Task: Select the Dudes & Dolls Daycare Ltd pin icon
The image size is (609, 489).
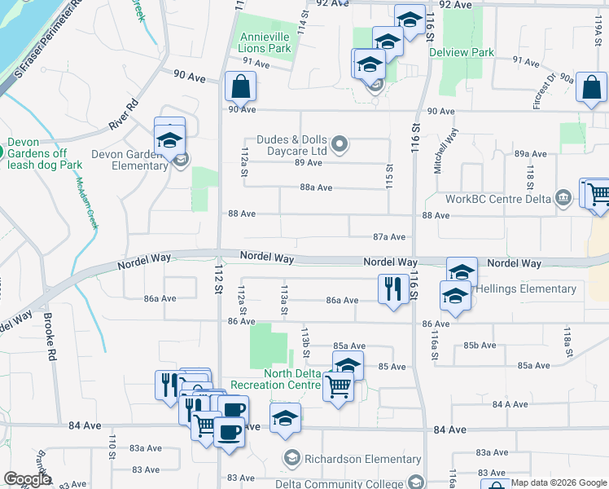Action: click(341, 146)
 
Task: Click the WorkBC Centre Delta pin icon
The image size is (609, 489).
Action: click(563, 198)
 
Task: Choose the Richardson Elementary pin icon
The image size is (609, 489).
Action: click(291, 459)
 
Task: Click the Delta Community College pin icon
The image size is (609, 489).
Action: click(417, 482)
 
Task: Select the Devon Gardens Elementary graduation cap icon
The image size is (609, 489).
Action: click(169, 139)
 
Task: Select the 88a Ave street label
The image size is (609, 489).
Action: click(316, 187)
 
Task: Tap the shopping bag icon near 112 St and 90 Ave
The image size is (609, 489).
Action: click(241, 86)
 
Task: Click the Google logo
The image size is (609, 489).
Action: click(27, 480)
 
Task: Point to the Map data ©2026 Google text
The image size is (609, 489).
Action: click(559, 482)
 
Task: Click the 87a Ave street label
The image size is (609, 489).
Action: click(389, 237)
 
